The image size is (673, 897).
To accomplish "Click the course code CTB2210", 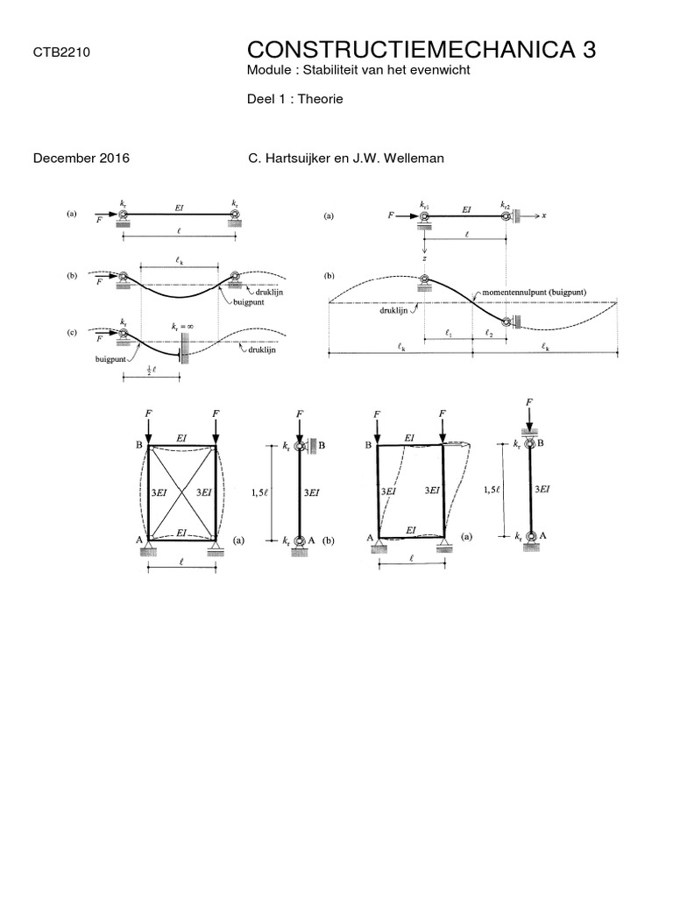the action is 61,53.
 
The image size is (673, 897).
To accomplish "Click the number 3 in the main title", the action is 590,50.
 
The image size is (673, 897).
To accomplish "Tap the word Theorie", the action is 321,99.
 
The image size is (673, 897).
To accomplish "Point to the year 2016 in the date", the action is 115,159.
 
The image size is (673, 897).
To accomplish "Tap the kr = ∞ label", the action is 182,327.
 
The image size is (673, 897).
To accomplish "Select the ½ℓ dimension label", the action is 151,370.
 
